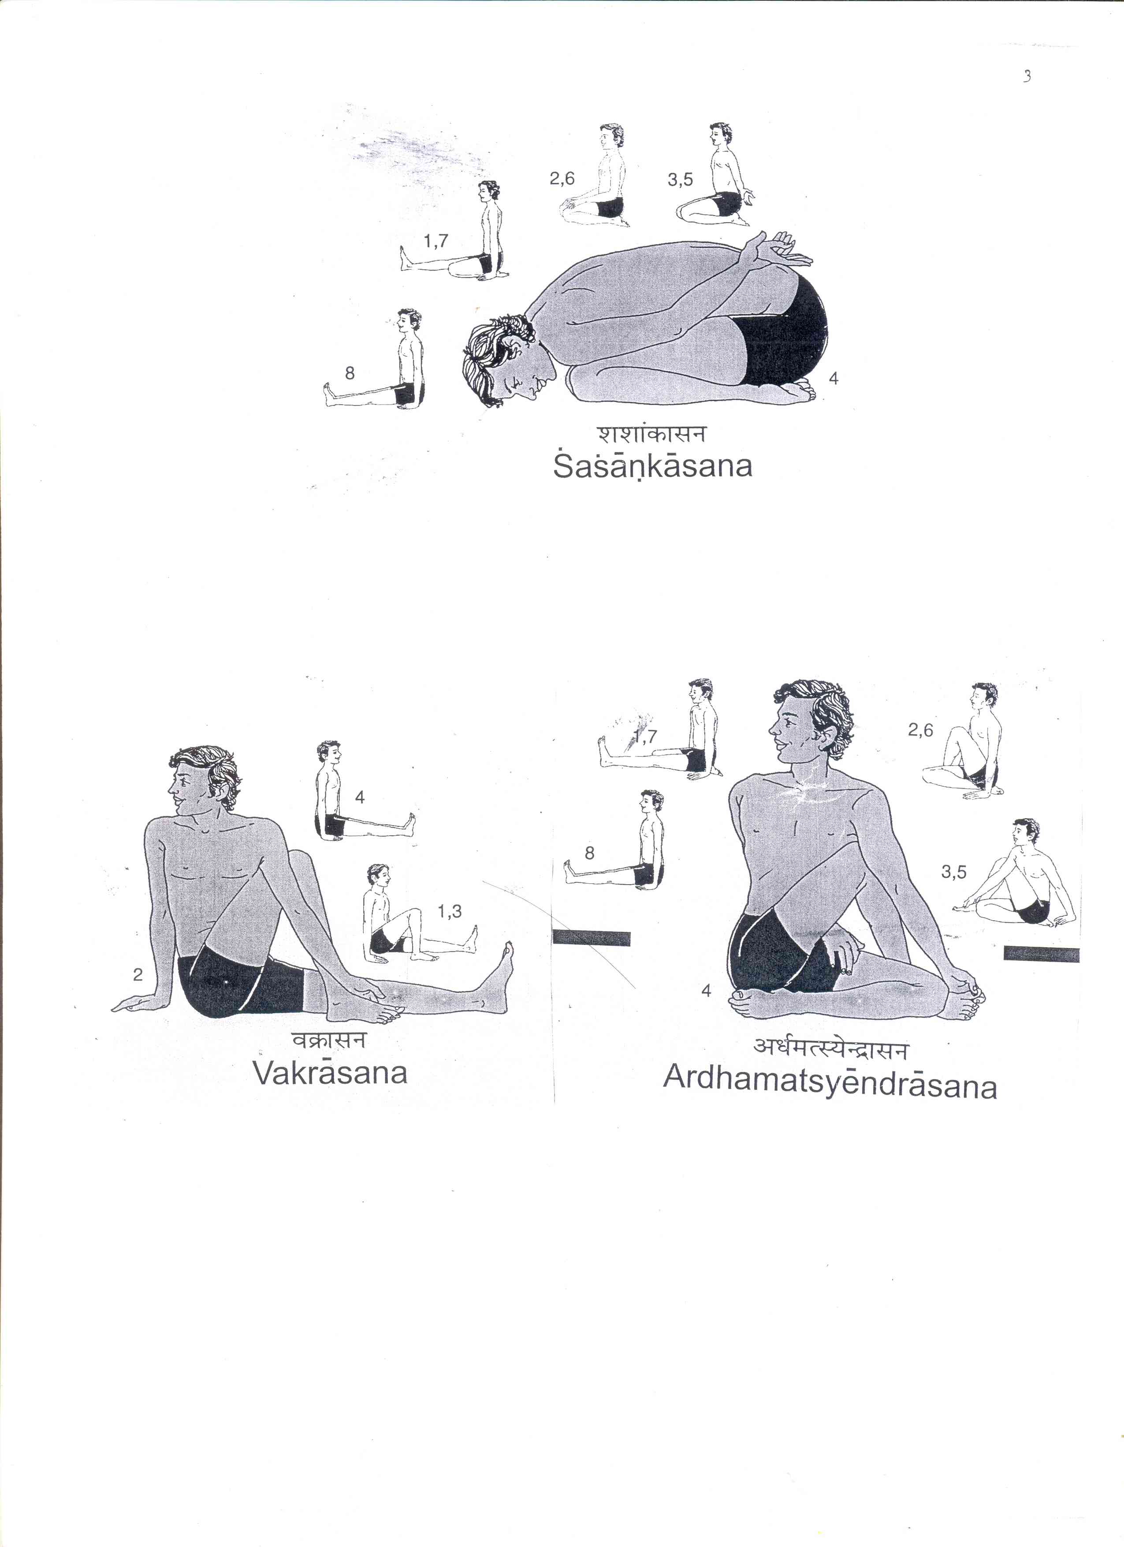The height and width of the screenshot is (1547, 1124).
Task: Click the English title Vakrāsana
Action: (330, 1072)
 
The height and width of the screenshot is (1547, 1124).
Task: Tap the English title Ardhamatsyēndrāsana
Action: (830, 1082)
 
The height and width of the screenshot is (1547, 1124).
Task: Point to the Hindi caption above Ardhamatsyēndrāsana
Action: (831, 1048)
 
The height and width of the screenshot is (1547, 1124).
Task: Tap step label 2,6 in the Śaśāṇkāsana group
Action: (562, 178)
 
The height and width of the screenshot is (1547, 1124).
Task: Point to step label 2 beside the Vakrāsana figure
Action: (138, 975)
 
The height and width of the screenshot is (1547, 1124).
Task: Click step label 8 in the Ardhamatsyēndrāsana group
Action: (590, 853)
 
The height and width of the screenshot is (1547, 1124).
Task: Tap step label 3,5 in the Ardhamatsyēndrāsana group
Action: (953, 872)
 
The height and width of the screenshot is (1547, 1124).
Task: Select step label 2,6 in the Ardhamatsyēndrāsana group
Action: (920, 730)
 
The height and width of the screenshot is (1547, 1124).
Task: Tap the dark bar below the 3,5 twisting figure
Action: (1041, 954)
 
